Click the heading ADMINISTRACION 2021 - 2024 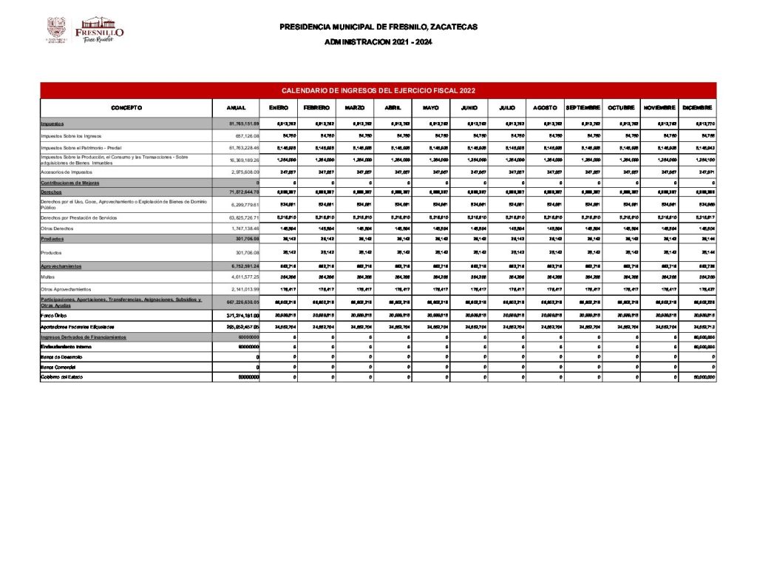click(378, 42)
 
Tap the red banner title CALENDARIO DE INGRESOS click(378, 90)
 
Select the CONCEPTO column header click(126, 108)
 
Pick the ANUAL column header click(236, 108)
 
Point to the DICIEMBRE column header click(698, 108)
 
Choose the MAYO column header click(431, 108)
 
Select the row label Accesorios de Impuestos click(67, 171)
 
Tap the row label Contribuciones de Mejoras click(70, 182)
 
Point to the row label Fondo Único click(53, 314)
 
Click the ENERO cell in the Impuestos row click(287, 124)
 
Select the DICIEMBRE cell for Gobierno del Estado click(702, 377)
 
